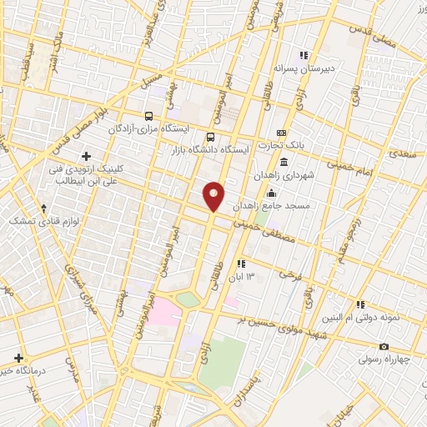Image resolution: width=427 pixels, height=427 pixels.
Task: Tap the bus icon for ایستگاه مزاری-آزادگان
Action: (148, 116)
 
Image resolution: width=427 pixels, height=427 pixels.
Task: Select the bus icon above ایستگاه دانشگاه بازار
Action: (209, 137)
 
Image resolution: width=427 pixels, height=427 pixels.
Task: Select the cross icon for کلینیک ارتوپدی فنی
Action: (86, 156)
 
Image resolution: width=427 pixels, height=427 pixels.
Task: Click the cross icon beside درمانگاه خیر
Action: (18, 358)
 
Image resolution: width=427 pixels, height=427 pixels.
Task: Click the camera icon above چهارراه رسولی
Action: (383, 346)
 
